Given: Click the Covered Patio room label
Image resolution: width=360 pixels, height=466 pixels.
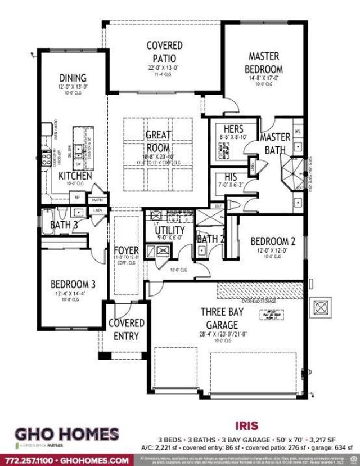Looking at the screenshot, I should point(164,51).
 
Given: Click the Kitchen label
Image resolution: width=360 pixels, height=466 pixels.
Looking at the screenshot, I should point(75,176).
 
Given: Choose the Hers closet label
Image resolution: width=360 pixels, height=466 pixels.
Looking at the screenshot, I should point(233,129).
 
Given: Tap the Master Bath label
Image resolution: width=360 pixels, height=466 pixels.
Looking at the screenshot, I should point(275,144).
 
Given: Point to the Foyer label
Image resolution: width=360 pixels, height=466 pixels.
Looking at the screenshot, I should point(126,250).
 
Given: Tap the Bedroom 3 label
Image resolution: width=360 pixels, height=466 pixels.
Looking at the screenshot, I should point(73,284).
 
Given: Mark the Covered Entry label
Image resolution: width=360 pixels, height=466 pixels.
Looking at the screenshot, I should point(126,329).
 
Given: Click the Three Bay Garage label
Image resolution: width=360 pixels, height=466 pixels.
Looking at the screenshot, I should point(229,318).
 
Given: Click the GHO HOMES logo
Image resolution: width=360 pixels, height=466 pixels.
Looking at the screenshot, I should point(66,435).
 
